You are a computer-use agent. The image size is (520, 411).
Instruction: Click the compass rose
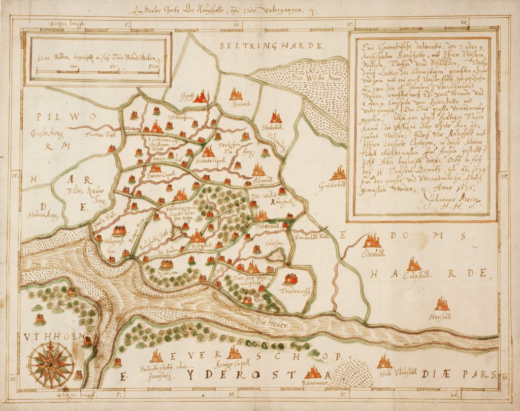point(51,363)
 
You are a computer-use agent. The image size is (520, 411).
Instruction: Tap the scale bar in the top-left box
point(96,72)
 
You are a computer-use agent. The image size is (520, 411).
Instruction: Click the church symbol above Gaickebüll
point(338,174)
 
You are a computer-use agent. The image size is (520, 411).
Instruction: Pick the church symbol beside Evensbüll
point(414,264)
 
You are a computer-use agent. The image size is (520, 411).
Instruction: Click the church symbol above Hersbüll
point(442,304)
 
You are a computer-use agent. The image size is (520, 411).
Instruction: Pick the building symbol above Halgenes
point(119,230)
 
